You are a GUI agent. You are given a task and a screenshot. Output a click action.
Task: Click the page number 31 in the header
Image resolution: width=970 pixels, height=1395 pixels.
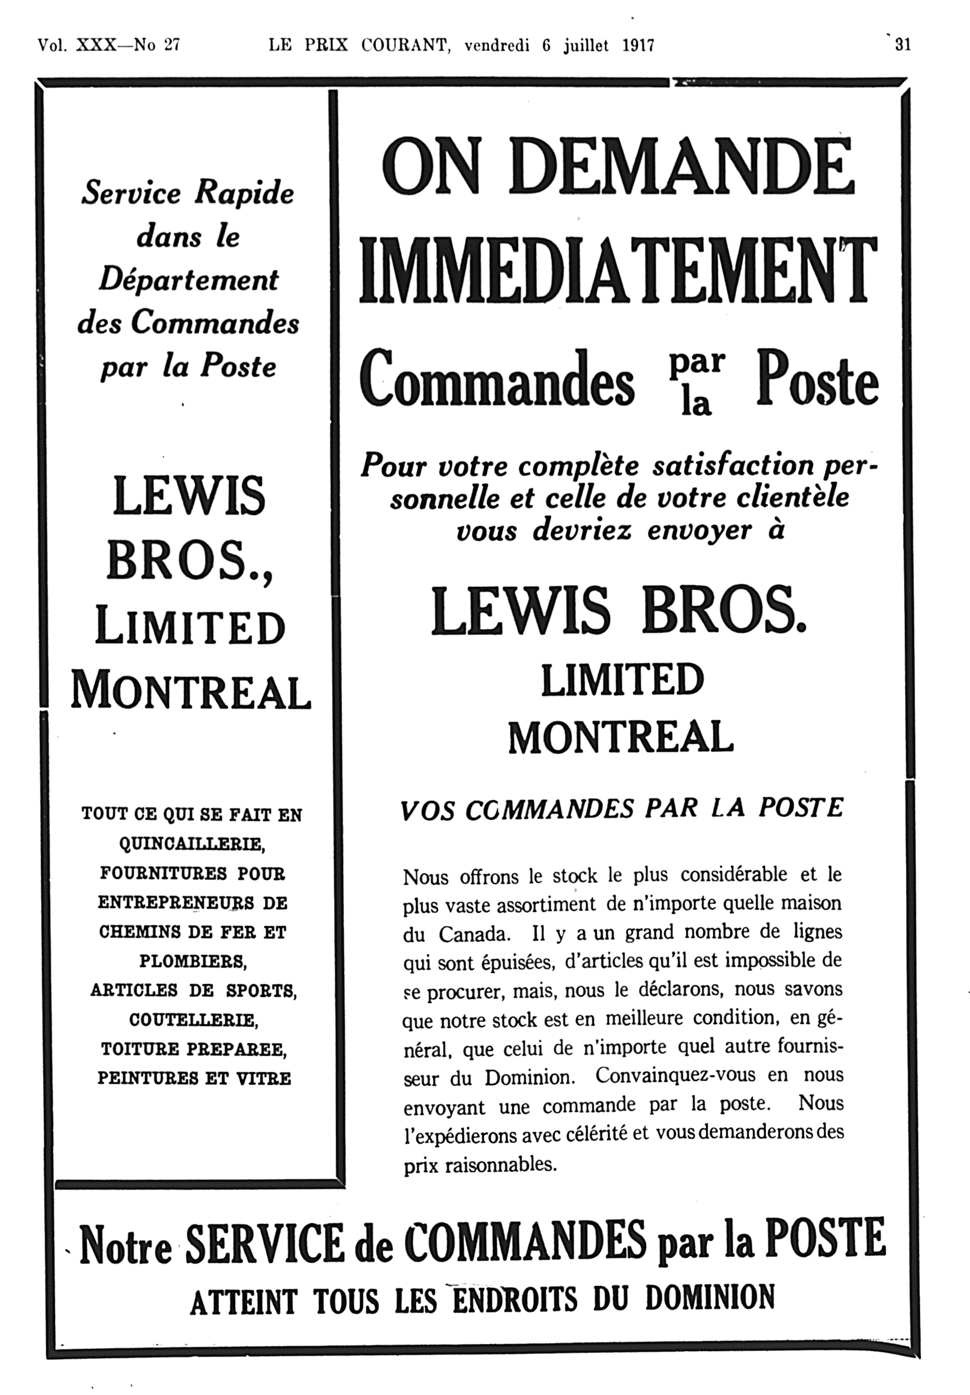coord(902,45)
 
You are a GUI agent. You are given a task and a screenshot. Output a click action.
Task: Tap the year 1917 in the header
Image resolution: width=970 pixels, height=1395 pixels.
coord(638,46)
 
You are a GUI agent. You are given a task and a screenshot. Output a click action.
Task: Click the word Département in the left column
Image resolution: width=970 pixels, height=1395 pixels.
coord(189,280)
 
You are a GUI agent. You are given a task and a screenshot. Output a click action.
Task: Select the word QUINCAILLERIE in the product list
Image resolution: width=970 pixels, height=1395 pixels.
coord(191,844)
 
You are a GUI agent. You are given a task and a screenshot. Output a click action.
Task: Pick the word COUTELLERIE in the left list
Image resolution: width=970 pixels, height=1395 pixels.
coord(194,1019)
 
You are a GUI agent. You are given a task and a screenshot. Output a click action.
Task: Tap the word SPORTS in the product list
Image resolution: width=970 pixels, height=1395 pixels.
coord(261,991)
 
